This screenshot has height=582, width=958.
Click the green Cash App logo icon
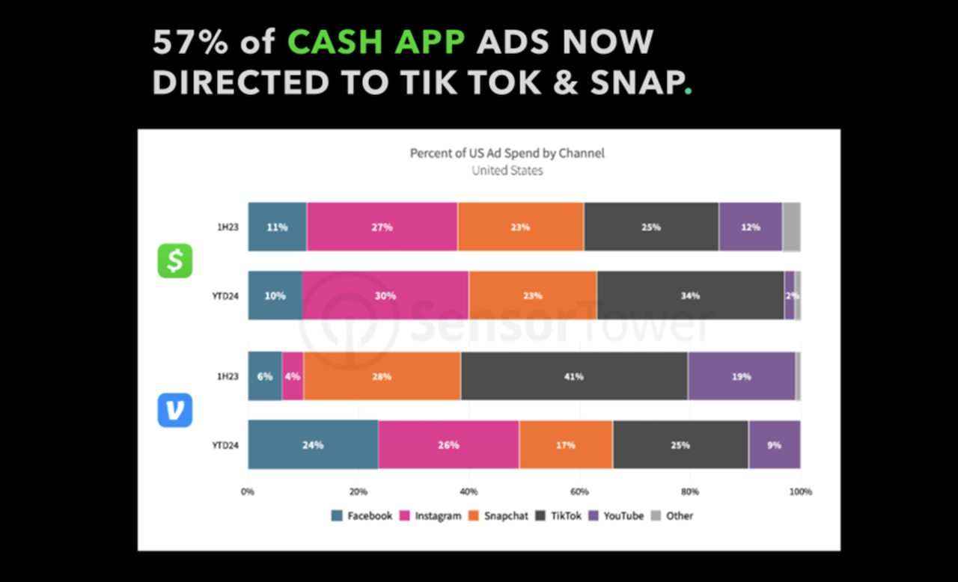(174, 261)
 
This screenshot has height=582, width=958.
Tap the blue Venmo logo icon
(174, 410)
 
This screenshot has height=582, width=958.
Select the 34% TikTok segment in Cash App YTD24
(690, 295)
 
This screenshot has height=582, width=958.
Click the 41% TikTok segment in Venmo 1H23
(574, 376)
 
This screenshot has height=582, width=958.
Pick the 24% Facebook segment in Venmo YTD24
(313, 445)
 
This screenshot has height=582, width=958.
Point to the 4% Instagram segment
(293, 376)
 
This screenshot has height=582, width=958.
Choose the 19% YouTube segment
(741, 376)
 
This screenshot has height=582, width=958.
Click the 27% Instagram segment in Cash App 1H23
(382, 227)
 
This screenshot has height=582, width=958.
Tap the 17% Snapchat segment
(565, 445)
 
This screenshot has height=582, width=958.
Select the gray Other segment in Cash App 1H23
(791, 227)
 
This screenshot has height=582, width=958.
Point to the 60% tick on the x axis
(579, 491)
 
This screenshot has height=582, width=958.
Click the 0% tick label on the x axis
(248, 491)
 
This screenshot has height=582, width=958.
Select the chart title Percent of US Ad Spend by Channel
(507, 153)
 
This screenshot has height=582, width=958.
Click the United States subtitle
(507, 171)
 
